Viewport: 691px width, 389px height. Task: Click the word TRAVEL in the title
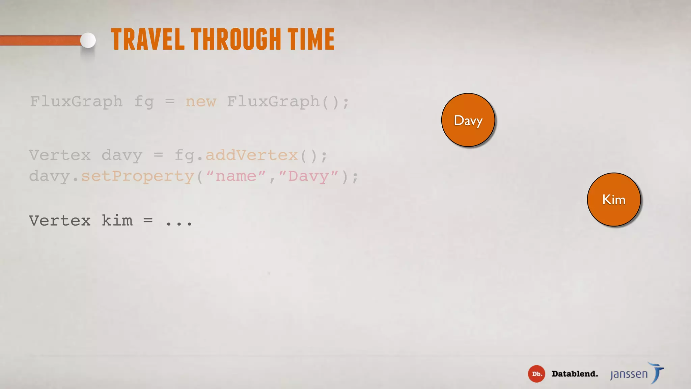tap(148, 40)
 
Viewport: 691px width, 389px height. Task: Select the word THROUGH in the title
tap(236, 40)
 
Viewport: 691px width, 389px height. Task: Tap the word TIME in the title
tap(311, 40)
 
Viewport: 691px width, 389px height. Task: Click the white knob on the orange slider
tap(88, 41)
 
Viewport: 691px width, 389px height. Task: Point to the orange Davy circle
tap(468, 120)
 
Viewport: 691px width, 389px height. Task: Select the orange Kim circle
tap(614, 200)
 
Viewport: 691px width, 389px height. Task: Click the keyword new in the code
tap(201, 101)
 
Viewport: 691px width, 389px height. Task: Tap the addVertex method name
tap(252, 155)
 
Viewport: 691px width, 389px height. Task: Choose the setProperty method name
tap(138, 176)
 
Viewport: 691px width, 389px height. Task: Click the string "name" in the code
tap(236, 176)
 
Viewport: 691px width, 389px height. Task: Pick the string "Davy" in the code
tap(308, 176)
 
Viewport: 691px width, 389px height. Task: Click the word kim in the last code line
tap(117, 221)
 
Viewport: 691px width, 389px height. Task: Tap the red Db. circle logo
tap(536, 374)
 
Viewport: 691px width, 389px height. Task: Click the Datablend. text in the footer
tap(575, 374)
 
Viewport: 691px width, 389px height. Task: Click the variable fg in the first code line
tap(144, 102)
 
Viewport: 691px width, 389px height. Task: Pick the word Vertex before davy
tap(60, 155)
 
